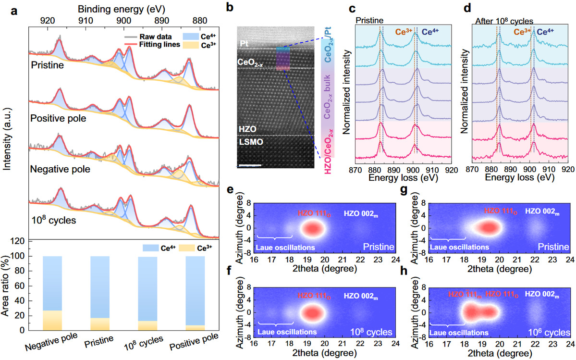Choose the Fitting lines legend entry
[x=149, y=44]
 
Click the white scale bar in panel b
[x=250, y=165]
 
